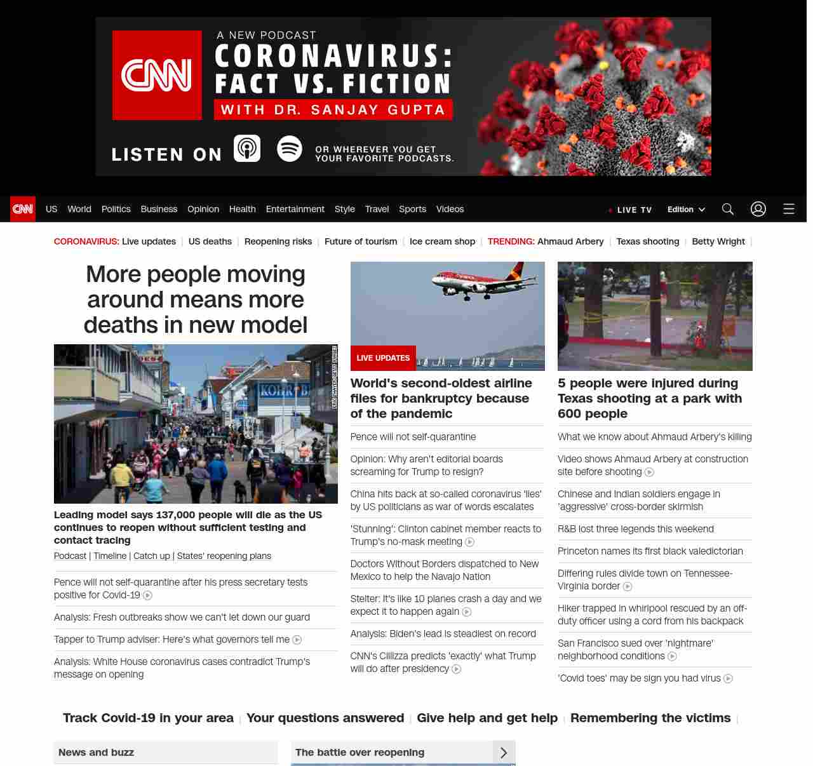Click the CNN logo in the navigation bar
[23, 209]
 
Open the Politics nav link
[116, 209]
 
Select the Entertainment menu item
[295, 209]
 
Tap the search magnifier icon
[728, 209]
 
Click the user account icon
[758, 209]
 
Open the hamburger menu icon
[789, 209]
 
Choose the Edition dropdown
[686, 210]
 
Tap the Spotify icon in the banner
[290, 149]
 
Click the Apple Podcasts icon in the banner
[247, 149]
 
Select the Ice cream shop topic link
[442, 241]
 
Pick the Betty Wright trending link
[718, 241]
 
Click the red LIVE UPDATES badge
[383, 358]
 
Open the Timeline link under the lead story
[110, 556]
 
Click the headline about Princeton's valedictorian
[650, 551]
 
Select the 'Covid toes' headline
[639, 678]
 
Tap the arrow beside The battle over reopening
[504, 753]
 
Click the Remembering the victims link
[650, 718]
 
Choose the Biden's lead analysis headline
[443, 634]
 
